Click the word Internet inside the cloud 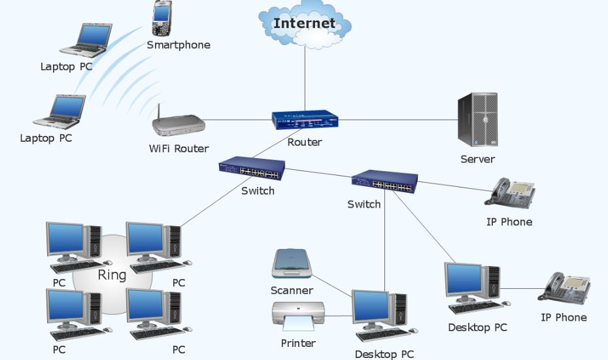click(305, 24)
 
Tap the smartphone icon click(161, 18)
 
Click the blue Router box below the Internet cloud click(305, 120)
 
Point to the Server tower click(477, 120)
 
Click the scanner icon click(292, 263)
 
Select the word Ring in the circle click(112, 275)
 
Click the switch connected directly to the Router click(252, 168)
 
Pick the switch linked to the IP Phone click(384, 182)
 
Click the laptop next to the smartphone click(86, 41)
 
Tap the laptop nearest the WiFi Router click(59, 112)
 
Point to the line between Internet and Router click(305, 78)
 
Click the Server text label click(478, 159)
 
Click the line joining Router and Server click(398, 120)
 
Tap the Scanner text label click(292, 291)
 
